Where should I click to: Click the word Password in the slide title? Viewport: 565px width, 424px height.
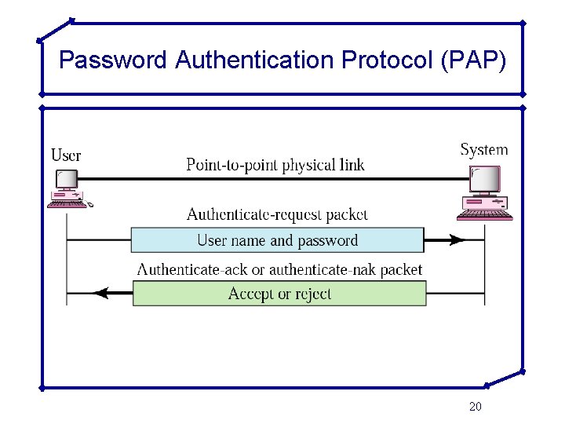point(114,60)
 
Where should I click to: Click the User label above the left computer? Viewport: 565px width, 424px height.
point(66,155)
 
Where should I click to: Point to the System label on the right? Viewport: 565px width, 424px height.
point(483,149)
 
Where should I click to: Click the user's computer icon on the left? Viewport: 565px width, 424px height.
point(68,189)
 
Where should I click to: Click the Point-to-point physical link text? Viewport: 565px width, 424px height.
point(275,165)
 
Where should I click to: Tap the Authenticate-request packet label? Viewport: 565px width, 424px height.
point(277,214)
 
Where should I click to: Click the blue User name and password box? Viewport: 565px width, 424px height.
point(277,240)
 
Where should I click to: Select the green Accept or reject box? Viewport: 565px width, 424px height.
point(279,294)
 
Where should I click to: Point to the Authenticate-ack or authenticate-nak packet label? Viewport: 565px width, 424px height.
point(279,269)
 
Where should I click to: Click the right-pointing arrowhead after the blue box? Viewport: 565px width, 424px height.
point(454,240)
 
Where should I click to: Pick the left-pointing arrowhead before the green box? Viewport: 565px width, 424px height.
point(100,294)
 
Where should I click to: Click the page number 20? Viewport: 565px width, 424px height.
point(475,406)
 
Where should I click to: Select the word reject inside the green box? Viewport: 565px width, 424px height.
point(310,294)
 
